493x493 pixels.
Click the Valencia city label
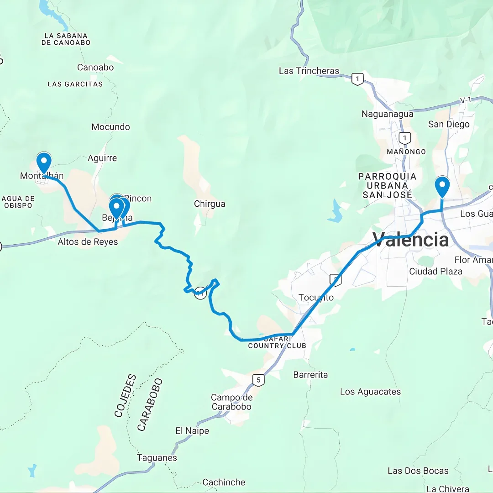[411, 239]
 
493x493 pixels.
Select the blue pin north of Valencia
[442, 187]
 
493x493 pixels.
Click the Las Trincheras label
[309, 71]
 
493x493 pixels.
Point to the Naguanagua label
[387, 114]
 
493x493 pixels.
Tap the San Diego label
[449, 124]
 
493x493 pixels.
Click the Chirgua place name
[210, 204]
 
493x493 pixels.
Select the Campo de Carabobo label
[231, 402]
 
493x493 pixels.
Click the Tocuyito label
[316, 298]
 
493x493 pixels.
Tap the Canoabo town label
[95, 68]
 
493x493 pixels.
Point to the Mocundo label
[110, 127]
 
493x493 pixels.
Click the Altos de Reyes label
[88, 242]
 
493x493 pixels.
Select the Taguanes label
[157, 457]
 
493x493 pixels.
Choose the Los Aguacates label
[370, 392]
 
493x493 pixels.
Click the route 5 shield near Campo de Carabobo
[258, 380]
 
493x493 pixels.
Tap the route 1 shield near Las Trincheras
[357, 80]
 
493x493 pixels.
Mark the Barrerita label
[310, 375]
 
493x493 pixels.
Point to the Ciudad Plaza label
[435, 272]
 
